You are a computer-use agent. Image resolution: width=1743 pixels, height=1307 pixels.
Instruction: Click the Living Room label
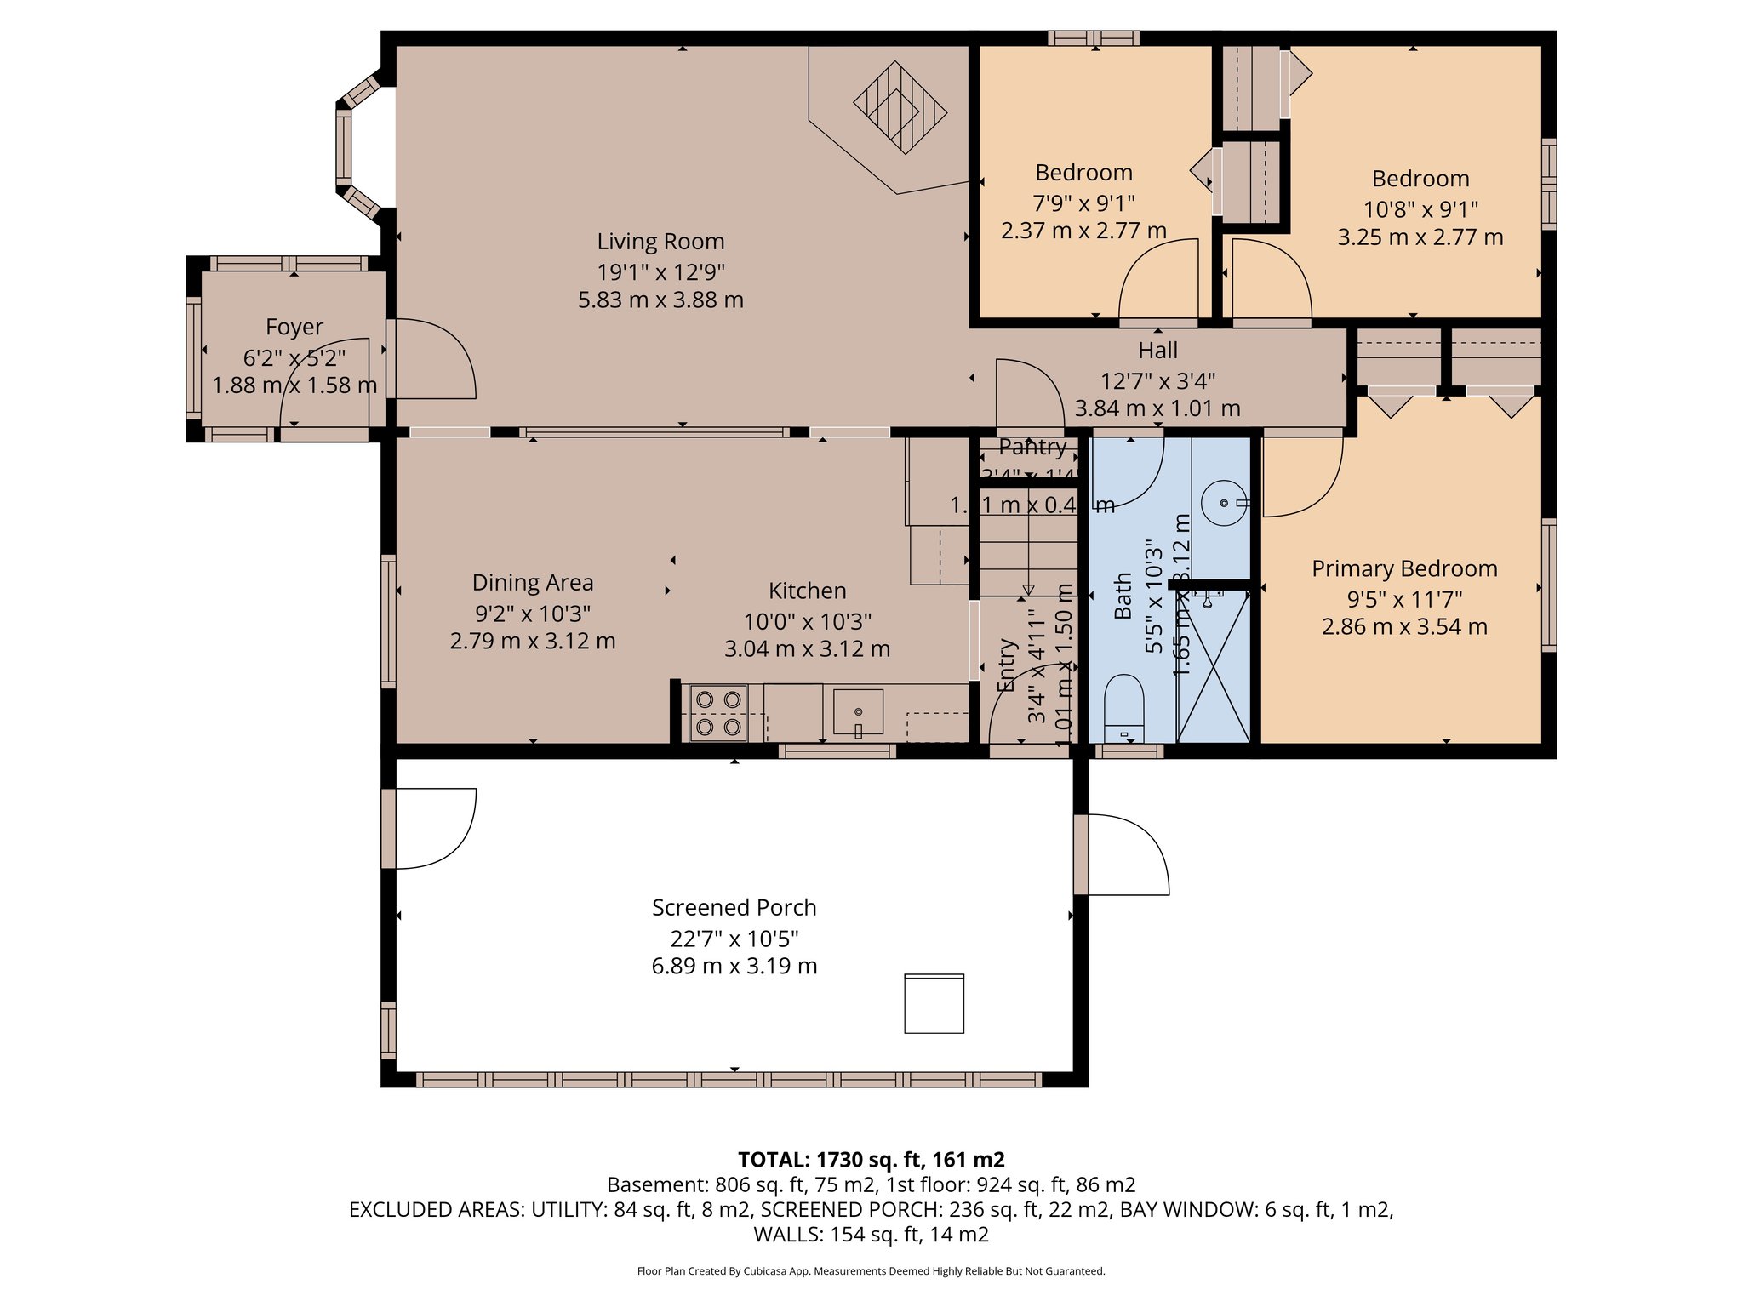[660, 243]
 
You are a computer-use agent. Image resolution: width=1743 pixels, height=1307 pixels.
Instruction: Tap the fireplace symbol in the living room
[900, 108]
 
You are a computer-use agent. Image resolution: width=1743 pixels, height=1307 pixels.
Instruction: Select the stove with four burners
[718, 713]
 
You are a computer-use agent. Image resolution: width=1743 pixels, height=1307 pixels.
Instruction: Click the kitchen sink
[858, 712]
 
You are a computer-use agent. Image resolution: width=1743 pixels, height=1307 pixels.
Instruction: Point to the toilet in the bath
[1123, 706]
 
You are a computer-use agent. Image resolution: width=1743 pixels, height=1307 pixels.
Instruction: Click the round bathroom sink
[1224, 503]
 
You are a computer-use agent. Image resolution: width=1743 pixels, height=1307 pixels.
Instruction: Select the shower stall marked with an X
[1213, 668]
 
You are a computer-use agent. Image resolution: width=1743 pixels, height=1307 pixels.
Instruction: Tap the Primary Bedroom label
[1404, 569]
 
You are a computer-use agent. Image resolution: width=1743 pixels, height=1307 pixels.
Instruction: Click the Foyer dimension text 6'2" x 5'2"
[294, 357]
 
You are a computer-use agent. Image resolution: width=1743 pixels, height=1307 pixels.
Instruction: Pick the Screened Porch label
[734, 908]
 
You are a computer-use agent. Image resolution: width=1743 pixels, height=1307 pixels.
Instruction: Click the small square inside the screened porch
[934, 1004]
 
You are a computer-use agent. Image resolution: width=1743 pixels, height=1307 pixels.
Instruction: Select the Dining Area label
[533, 583]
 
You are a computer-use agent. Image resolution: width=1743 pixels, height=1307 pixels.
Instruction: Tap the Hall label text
[1157, 351]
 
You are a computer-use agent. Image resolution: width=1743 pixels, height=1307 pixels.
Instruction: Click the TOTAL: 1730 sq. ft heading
[871, 1160]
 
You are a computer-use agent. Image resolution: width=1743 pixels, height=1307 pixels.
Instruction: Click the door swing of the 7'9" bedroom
[1159, 281]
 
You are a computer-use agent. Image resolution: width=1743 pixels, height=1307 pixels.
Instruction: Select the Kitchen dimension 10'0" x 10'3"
[807, 621]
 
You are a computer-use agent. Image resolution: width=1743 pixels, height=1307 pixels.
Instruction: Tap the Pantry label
[1032, 447]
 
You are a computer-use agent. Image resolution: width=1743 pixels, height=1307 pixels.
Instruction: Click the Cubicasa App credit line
[871, 1271]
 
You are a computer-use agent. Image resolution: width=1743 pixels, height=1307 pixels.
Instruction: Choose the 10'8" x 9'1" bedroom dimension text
[1420, 209]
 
